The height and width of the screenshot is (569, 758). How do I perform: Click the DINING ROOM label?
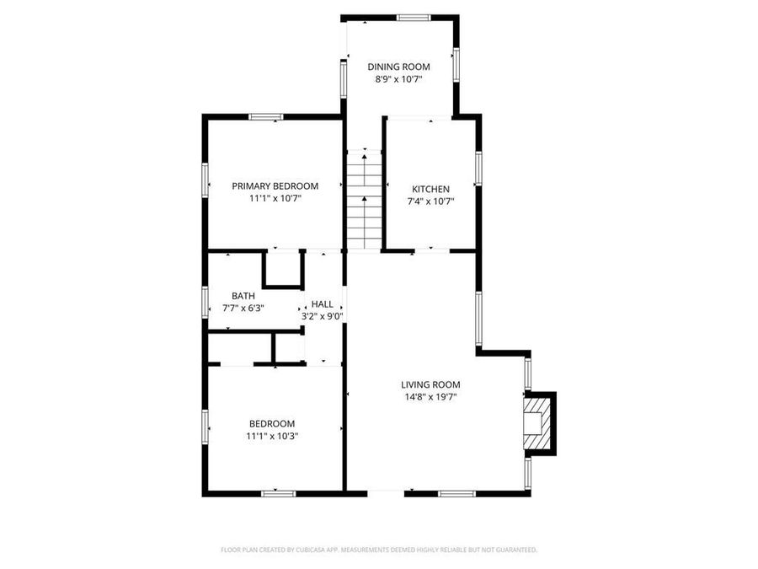point(398,67)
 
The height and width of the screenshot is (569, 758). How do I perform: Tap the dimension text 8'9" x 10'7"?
point(398,79)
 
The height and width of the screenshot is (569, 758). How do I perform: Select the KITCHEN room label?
point(430,189)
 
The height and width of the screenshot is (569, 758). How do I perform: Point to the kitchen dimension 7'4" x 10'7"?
point(430,201)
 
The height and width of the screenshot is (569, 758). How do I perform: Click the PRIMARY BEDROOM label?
point(275,186)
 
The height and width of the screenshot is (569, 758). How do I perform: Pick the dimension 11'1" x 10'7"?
point(275,199)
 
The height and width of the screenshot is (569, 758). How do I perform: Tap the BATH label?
point(243,296)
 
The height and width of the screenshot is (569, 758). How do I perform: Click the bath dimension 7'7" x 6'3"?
point(243,309)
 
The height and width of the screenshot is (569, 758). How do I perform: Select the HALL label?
point(322,304)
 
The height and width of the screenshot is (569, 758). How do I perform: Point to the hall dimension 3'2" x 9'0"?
point(322,317)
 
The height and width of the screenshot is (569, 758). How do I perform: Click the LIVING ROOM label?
point(430,384)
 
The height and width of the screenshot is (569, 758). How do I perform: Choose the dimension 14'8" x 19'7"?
point(430,397)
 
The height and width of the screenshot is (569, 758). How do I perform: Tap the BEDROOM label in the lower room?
point(272,424)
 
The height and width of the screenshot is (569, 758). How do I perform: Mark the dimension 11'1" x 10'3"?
point(272,437)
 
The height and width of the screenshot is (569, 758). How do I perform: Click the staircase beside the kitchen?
point(365,201)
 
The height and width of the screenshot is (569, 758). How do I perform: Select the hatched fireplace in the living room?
point(534,423)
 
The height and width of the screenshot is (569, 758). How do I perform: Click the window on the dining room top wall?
point(414,17)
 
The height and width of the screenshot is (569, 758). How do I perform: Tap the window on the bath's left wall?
point(205,303)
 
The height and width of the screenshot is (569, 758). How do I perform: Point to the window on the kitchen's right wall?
point(478,168)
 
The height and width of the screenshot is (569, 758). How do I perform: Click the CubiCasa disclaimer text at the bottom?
point(379,550)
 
